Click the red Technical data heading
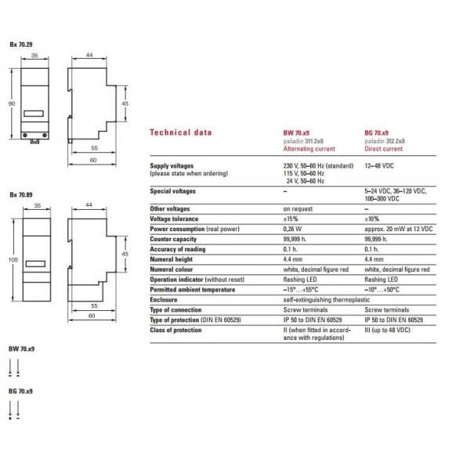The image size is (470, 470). tap(179, 132)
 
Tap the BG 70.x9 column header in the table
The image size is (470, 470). tap(380, 133)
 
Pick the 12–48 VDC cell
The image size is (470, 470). tap(383, 166)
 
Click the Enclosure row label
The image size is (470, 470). tap(164, 299)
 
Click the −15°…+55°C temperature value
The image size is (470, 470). tap(302, 289)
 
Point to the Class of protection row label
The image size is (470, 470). tap(175, 330)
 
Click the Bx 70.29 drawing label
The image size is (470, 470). tap(21, 46)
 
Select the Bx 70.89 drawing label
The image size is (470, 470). tap(21, 193)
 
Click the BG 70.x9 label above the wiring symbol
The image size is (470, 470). tap(20, 390)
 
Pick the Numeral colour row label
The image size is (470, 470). tap(172, 269)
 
